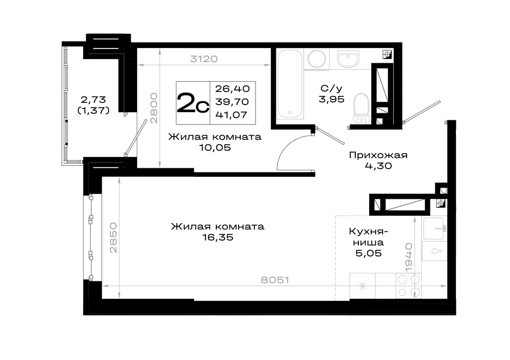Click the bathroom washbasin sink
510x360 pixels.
click(x=348, y=59)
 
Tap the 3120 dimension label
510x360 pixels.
click(x=204, y=59)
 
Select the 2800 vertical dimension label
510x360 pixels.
click(x=154, y=108)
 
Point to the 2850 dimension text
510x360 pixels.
click(x=113, y=238)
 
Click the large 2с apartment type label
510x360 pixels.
click(x=193, y=104)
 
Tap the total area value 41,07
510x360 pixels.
click(x=231, y=115)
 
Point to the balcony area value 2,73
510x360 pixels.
click(x=92, y=98)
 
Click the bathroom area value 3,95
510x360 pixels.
click(x=329, y=99)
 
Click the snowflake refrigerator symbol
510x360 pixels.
click(x=363, y=286)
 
